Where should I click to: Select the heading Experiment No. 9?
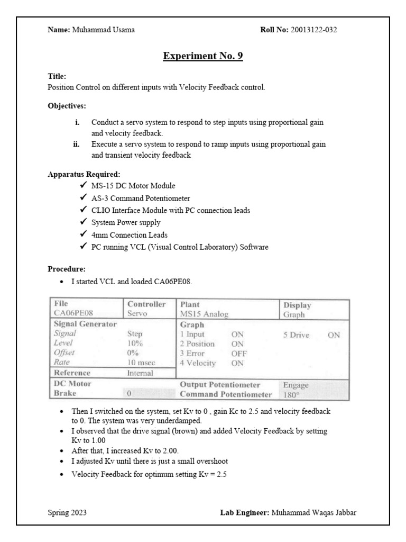click(x=202, y=56)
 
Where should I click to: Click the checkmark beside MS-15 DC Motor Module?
click(x=82, y=185)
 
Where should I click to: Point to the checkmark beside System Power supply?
click(x=82, y=222)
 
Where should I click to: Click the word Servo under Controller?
click(x=136, y=314)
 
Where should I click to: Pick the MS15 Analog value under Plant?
click(x=204, y=314)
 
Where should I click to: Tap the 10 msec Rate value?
click(x=140, y=362)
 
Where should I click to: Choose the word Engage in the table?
click(x=296, y=385)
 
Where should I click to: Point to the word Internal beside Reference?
click(x=140, y=373)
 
